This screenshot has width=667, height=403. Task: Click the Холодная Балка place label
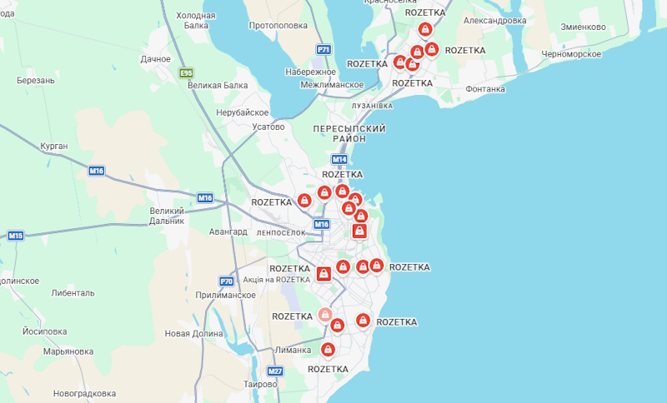pos(196,21)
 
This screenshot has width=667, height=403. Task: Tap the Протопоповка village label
pos(278,25)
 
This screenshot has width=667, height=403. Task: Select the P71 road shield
pos(323,50)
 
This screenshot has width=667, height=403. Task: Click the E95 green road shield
pos(186,73)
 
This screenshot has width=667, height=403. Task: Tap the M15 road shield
pos(16,236)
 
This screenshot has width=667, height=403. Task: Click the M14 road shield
pos(339,159)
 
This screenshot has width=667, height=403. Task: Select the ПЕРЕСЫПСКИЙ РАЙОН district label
pos(349,134)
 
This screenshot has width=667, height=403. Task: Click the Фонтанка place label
pos(485,89)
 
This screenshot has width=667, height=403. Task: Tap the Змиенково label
pos(583,27)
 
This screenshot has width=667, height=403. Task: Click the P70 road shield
pos(227,281)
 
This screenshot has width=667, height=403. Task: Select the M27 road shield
pos(275,371)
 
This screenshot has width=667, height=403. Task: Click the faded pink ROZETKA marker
pos(325,315)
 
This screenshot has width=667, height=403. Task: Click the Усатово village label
pos(268,127)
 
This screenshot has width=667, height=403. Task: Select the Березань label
pos(35,80)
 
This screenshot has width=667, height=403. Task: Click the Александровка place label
pos(494,20)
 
